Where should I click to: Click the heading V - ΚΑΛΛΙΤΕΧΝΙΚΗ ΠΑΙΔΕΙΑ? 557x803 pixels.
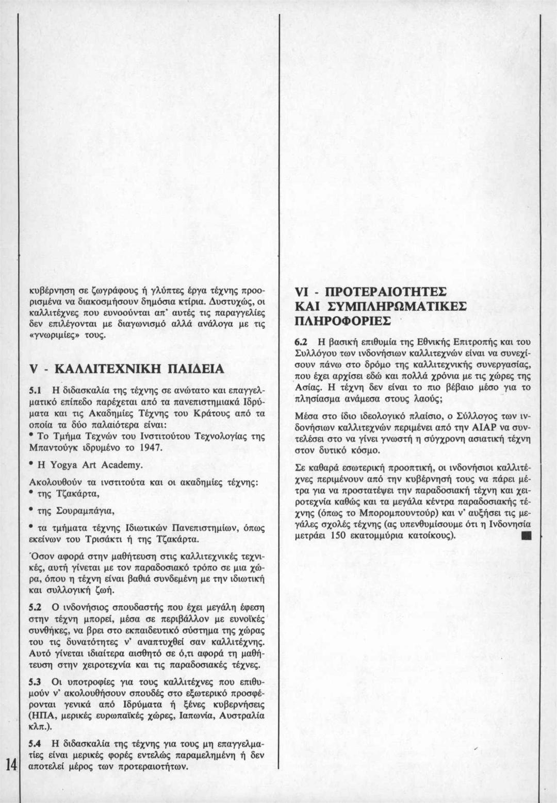pos(127,370)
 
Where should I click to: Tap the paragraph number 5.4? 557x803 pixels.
pos(35,745)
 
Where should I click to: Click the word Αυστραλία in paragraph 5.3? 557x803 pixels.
pos(242,716)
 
